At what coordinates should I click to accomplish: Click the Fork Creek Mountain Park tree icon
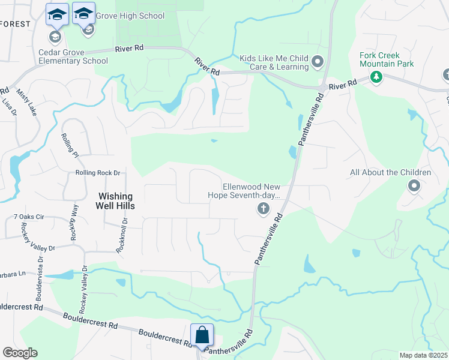(376, 77)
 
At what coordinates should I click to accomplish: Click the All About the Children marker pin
(414, 186)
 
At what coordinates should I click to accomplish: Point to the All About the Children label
(391, 173)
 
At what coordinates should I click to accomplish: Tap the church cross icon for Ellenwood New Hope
(262, 209)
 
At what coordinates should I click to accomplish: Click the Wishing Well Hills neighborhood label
(116, 200)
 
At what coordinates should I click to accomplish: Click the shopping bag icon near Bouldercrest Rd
(202, 335)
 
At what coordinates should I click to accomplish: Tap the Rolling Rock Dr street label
(98, 173)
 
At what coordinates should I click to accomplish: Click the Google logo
(20, 353)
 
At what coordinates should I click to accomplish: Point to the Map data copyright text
(423, 355)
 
